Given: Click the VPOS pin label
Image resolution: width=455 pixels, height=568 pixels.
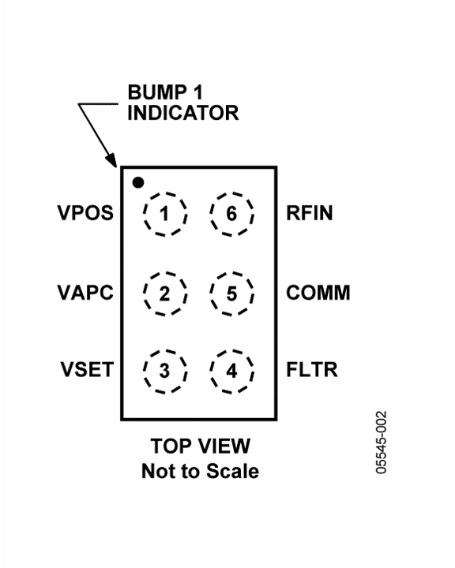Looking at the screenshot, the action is pyautogui.click(x=85, y=213).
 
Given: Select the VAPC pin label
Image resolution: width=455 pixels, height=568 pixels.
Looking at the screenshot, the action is pyautogui.click(x=85, y=293).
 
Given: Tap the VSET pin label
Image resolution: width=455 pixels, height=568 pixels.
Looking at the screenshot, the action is pyautogui.click(x=87, y=369).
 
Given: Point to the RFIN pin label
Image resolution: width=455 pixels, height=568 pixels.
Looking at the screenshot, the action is pyautogui.click(x=310, y=213).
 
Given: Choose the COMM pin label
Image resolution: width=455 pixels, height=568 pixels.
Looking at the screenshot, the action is pyautogui.click(x=318, y=293).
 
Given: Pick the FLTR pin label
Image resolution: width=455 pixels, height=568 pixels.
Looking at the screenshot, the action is pyautogui.click(x=312, y=369).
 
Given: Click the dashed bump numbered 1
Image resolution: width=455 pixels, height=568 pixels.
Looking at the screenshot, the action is pyautogui.click(x=144, y=214).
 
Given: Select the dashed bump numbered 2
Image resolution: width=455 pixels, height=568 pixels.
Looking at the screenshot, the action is pyautogui.click(x=144, y=293).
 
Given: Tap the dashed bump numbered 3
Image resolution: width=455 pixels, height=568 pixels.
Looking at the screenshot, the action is pyautogui.click(x=144, y=372).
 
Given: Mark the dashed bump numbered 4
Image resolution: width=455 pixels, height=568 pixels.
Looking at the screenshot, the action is pyautogui.click(x=210, y=372).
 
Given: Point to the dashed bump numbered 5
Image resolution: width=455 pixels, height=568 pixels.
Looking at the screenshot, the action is pyautogui.click(x=210, y=293).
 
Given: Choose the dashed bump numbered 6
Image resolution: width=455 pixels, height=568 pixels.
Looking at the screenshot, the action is pyautogui.click(x=210, y=214).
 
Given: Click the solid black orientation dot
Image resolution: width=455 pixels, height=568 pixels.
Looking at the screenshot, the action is pyautogui.click(x=138, y=182).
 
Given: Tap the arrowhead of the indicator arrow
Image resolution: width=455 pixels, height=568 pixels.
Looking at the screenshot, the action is pyautogui.click(x=112, y=161).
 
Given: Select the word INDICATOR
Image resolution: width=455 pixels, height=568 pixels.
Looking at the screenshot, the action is pyautogui.click(x=183, y=113).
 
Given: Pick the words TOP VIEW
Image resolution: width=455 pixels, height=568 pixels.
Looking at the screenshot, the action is pyautogui.click(x=201, y=446).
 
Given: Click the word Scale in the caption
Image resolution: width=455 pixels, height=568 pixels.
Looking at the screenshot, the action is pyautogui.click(x=233, y=471).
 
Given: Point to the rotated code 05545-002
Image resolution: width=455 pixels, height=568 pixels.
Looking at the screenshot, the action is pyautogui.click(x=381, y=443).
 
